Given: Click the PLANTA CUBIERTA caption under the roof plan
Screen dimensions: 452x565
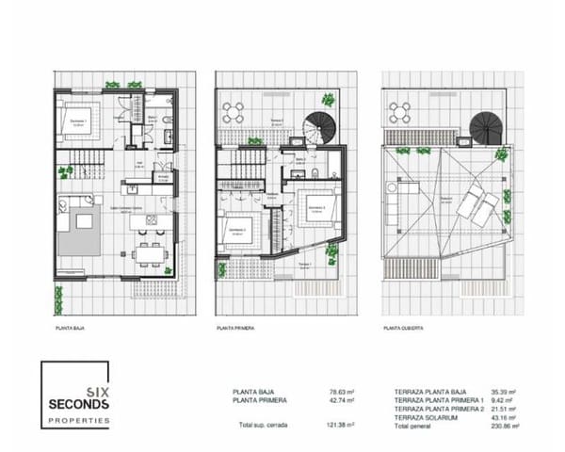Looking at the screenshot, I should [x=404, y=329].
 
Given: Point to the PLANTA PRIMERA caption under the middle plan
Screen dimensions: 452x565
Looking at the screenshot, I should [x=236, y=329].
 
